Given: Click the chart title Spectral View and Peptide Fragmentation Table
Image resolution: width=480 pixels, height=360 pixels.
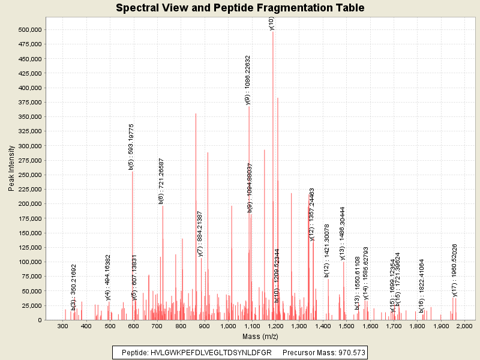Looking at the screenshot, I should [x=240, y=8].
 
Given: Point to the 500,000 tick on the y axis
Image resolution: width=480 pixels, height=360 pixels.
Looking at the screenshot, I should [x=29, y=29].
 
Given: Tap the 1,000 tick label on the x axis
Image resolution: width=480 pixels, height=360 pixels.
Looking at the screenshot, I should [x=227, y=326].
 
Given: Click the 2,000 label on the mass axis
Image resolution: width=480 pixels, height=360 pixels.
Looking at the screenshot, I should [x=464, y=326].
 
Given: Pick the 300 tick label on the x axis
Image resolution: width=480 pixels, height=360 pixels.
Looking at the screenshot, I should [x=62, y=326].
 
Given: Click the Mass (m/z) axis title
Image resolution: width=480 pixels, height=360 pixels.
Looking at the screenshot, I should [x=259, y=336].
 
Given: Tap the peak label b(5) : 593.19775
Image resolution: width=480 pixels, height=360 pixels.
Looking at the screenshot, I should [x=131, y=147].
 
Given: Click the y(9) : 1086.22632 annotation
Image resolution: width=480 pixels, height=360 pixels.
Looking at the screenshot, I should [x=248, y=80].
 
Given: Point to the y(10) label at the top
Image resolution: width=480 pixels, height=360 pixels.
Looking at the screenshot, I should [x=272, y=23].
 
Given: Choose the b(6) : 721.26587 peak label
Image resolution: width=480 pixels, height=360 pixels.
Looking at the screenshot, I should [x=161, y=182].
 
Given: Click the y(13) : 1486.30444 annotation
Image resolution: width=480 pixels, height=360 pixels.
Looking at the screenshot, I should [x=343, y=233].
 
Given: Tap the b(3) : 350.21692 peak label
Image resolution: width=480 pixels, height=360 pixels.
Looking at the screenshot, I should [x=74, y=287].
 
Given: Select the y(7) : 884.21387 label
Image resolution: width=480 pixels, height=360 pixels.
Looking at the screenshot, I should [x=200, y=234].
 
